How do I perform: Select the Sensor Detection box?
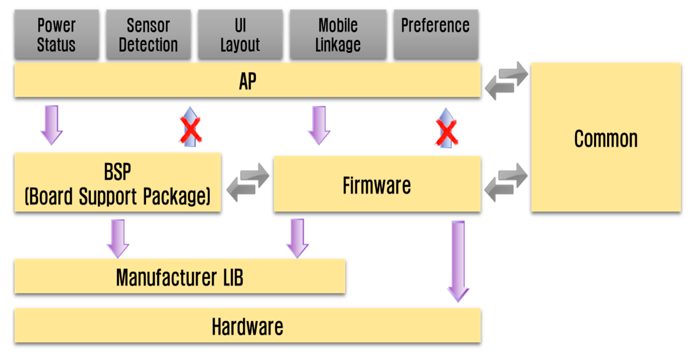[x=148, y=34]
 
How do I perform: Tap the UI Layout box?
[x=240, y=34]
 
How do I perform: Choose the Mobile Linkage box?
[x=338, y=34]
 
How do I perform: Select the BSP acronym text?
[x=117, y=172]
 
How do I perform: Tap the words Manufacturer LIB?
[x=180, y=277]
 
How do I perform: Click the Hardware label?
[x=248, y=327]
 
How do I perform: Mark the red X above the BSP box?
[x=190, y=130]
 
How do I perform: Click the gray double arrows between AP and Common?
[x=506, y=81]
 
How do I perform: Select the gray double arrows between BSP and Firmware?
[x=248, y=182]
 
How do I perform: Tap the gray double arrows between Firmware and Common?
[x=506, y=182]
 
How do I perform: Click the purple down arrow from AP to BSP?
[x=52, y=124]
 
